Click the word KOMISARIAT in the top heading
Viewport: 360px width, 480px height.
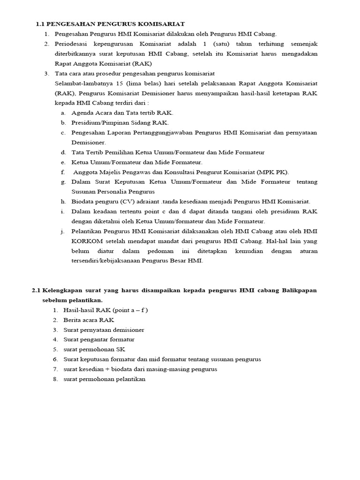pos(161,24)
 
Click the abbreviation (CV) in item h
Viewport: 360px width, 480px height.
pos(125,202)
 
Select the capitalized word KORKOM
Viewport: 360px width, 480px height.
pos(85,241)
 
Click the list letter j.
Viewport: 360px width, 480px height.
pos(62,231)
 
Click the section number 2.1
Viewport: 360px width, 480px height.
pos(37,290)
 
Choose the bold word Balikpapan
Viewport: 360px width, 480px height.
pos(300,290)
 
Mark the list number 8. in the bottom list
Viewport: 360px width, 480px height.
pos(55,379)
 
